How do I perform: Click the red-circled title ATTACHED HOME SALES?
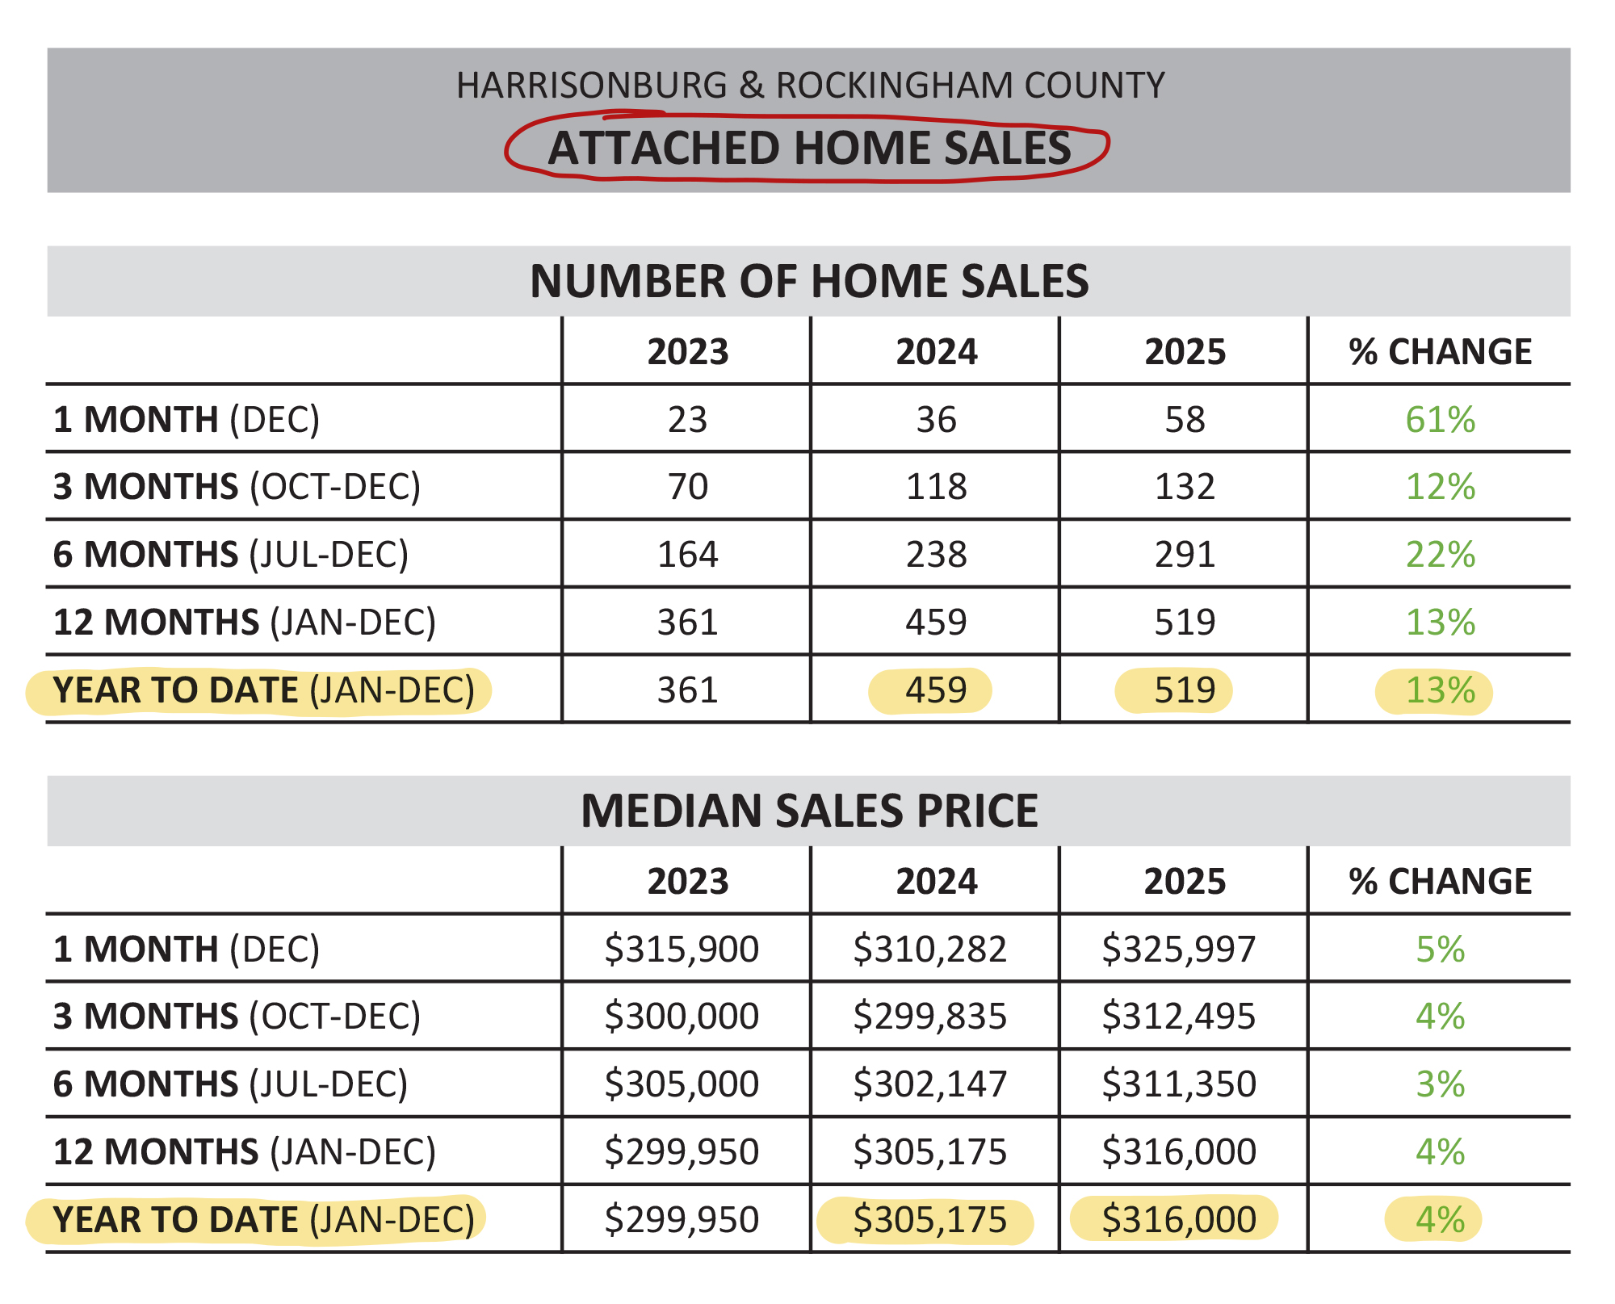(809, 149)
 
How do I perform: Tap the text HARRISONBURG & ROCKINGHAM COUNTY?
(810, 86)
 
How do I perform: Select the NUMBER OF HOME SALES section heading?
(809, 281)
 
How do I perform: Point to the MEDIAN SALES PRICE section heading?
(809, 811)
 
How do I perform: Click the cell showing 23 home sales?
(687, 420)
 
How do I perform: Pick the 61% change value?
(1440, 420)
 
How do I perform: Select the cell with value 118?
(936, 487)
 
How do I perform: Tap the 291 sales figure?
(1185, 555)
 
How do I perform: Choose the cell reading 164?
(687, 555)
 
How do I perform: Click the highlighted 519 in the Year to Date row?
(1184, 690)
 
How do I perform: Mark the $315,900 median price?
(682, 950)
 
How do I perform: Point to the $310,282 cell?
(930, 950)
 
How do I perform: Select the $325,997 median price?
(1179, 950)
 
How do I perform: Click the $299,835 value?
(930, 1017)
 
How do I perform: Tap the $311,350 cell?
(1179, 1084)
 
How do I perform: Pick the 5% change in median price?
(1440, 950)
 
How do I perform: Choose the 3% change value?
(1440, 1084)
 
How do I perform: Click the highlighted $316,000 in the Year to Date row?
(1179, 1220)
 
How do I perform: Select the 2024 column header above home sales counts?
(936, 352)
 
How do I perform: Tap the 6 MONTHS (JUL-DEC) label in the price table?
(230, 1084)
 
